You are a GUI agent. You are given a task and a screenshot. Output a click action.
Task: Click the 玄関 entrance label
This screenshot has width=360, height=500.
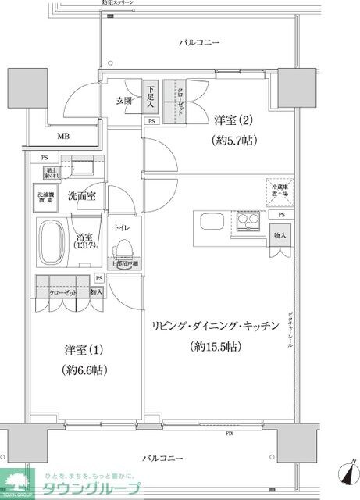(124, 100)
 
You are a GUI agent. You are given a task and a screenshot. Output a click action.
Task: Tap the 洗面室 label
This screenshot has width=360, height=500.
(81, 195)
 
